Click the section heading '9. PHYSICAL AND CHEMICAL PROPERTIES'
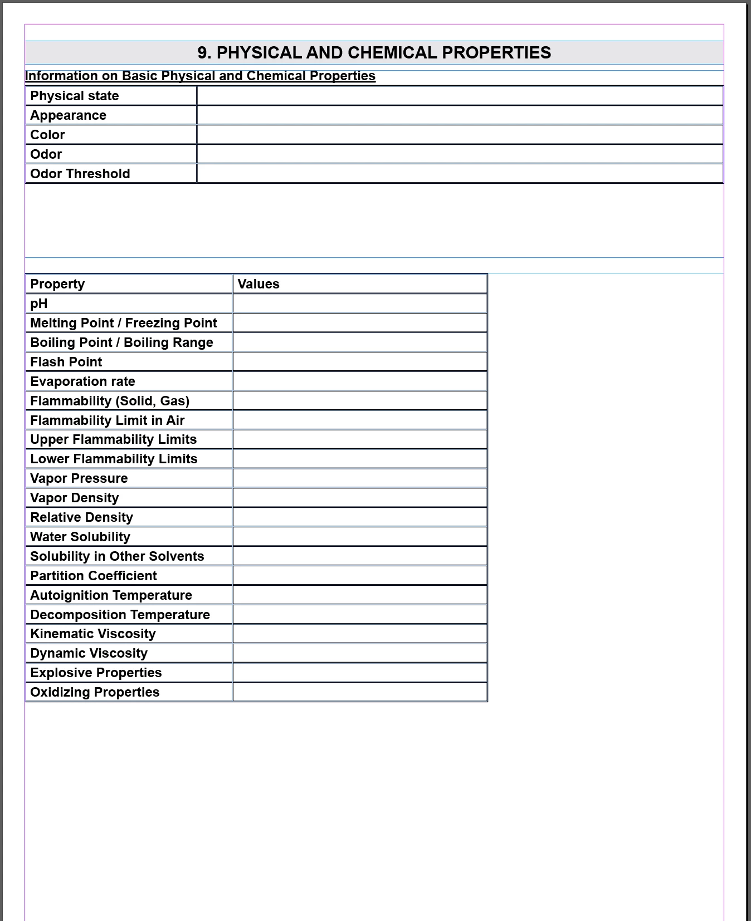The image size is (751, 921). click(374, 53)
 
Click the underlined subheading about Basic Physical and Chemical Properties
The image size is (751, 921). click(200, 76)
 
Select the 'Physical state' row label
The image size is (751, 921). click(75, 96)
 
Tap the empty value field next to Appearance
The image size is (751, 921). click(460, 115)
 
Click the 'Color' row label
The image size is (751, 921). click(47, 135)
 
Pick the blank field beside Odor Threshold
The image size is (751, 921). click(460, 174)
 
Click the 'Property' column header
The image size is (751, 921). click(57, 284)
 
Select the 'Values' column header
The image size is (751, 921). click(259, 284)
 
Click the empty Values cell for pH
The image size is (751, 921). click(360, 303)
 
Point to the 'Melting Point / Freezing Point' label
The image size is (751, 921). click(124, 323)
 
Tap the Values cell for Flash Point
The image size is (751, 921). click(360, 362)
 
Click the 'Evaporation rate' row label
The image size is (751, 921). click(82, 381)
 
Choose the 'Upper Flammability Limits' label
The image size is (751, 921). click(114, 439)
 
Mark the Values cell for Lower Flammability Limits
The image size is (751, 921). click(360, 459)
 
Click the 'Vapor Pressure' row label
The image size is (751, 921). click(79, 478)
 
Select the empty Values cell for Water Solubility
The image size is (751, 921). click(360, 537)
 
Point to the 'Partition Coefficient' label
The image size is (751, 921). click(94, 576)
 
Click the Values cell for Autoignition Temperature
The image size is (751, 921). click(360, 595)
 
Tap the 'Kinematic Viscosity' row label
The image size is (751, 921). click(93, 634)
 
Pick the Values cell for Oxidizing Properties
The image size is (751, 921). click(360, 692)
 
